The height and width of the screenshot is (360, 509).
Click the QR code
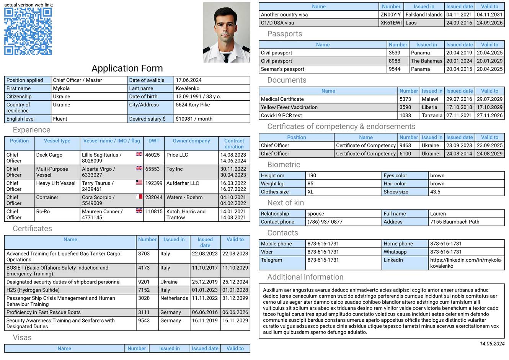click(28, 31)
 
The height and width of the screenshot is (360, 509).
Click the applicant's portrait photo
click(227, 33)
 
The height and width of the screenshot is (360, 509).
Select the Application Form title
click(127, 68)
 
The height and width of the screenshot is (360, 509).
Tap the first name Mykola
click(61, 88)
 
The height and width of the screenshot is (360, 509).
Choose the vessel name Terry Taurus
click(98, 183)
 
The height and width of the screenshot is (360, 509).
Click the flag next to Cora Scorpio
click(139, 197)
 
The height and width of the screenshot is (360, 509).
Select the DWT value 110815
click(153, 211)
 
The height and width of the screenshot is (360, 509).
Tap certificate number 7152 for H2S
click(144, 290)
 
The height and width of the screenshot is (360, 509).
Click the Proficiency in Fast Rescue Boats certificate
click(44, 312)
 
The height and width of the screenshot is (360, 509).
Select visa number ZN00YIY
click(390, 15)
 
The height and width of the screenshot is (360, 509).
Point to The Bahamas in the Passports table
click(426, 61)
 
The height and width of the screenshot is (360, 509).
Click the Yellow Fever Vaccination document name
click(289, 107)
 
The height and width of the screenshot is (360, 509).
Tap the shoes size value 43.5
click(435, 192)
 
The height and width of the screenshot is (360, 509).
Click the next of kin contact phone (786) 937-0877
click(325, 222)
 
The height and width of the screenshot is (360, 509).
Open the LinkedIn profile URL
click(466, 263)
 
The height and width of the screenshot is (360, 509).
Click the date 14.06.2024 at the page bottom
click(492, 344)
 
